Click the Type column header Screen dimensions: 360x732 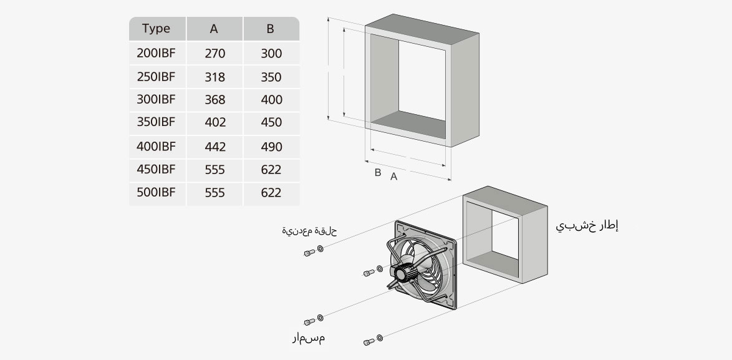(156, 29)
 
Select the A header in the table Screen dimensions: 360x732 (214, 29)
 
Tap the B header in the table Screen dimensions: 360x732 (270, 29)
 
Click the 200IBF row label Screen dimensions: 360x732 (156, 54)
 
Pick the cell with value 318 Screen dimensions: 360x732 (214, 77)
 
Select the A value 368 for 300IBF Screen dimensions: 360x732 (214, 100)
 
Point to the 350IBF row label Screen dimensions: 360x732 (156, 122)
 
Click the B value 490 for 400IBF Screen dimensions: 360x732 (271, 147)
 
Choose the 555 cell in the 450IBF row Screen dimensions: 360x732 (214, 170)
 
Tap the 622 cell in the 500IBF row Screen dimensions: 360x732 (271, 193)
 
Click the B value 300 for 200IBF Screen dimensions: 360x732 (271, 54)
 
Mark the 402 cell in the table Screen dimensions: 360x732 (214, 123)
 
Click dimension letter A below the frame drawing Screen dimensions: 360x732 (393, 177)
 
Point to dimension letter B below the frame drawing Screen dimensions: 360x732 (377, 173)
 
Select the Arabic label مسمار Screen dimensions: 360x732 (309, 338)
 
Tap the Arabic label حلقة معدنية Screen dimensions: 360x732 (309, 231)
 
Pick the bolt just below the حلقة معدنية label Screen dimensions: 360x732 (309, 252)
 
